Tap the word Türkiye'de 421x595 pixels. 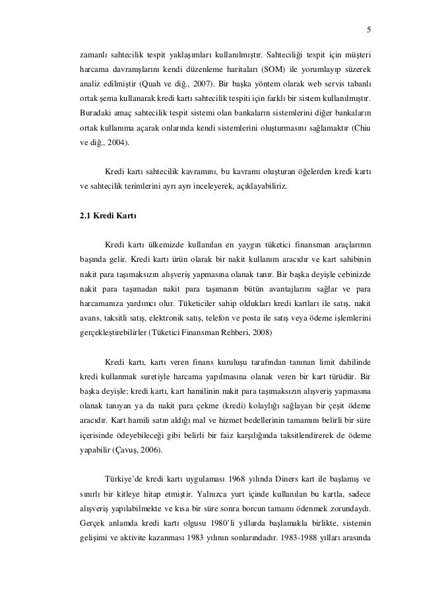click(x=125, y=478)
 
